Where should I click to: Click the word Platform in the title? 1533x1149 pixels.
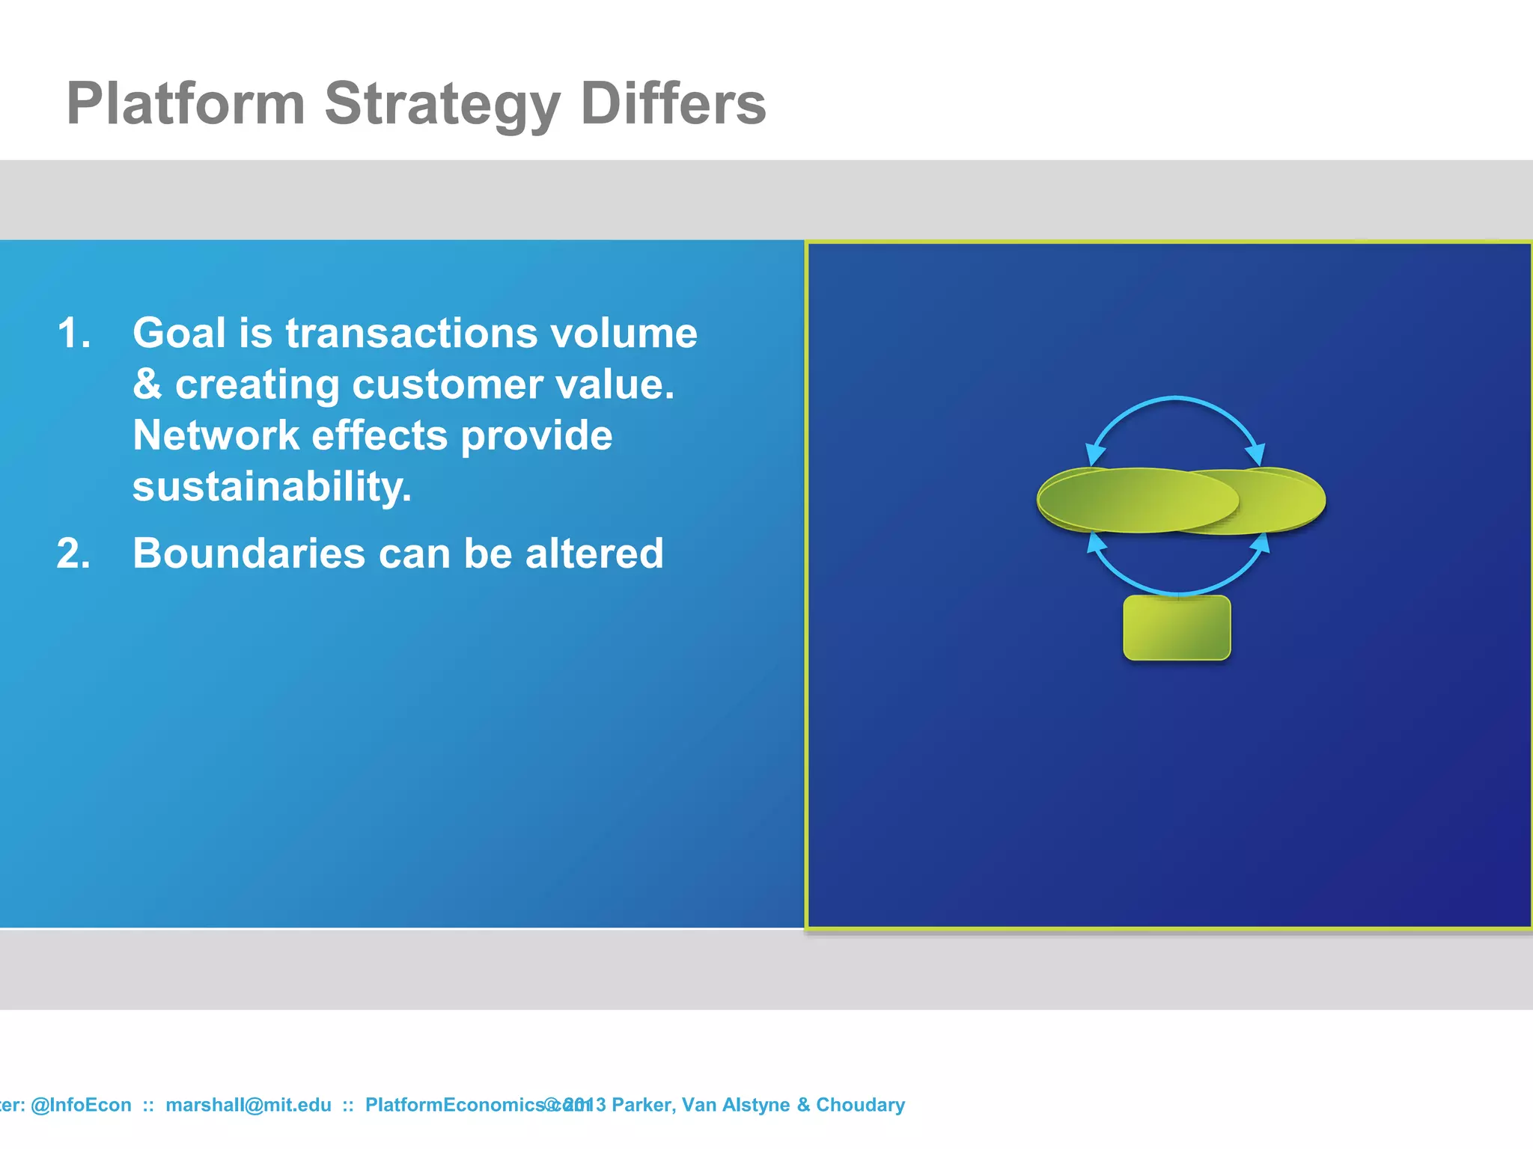point(186,103)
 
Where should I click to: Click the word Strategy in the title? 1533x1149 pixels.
point(442,105)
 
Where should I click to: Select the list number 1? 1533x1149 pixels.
point(73,334)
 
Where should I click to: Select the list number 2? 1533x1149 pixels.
point(73,554)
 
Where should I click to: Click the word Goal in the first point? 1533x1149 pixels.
point(179,333)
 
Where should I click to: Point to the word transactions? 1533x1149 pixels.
point(411,334)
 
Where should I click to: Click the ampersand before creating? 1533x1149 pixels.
point(147,384)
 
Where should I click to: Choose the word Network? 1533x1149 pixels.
point(216,435)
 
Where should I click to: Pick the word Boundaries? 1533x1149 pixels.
point(249,554)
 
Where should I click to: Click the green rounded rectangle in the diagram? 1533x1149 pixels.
point(1177,628)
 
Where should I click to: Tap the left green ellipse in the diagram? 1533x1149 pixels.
point(1123,500)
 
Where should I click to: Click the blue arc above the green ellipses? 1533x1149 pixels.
point(1175,399)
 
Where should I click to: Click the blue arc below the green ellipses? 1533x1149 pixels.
point(1176,592)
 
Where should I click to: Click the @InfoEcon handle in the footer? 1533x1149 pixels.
point(81,1105)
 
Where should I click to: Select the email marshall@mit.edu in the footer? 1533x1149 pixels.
point(248,1105)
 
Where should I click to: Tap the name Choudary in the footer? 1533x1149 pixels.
point(860,1105)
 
